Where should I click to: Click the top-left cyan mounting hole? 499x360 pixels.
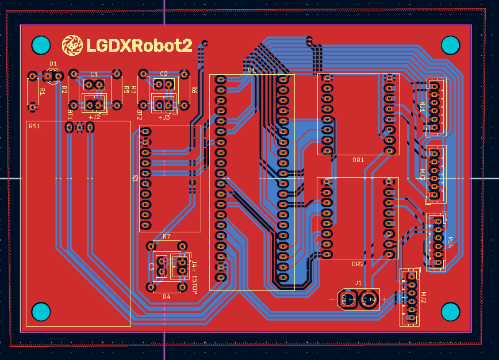[40, 45]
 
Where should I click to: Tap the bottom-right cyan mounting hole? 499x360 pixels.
[450, 312]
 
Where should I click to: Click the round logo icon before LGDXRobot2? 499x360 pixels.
[72, 45]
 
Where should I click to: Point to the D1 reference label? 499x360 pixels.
[53, 64]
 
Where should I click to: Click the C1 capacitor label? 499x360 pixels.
[94, 75]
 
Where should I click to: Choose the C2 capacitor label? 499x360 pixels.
[164, 74]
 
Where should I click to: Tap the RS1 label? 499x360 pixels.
[34, 126]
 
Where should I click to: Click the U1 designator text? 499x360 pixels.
[251, 70]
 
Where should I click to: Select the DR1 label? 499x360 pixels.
[358, 160]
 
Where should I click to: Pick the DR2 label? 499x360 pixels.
[358, 264]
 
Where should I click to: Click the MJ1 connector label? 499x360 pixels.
[422, 106]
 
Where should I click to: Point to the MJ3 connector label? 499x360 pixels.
[422, 175]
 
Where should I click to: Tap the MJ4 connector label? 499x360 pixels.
[450, 242]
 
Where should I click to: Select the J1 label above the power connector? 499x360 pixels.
[358, 283]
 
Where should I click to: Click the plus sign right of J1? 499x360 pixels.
[385, 300]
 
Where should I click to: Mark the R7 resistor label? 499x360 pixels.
[167, 236]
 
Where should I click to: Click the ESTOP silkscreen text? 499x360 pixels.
[194, 285]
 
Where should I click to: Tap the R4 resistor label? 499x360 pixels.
[167, 296]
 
